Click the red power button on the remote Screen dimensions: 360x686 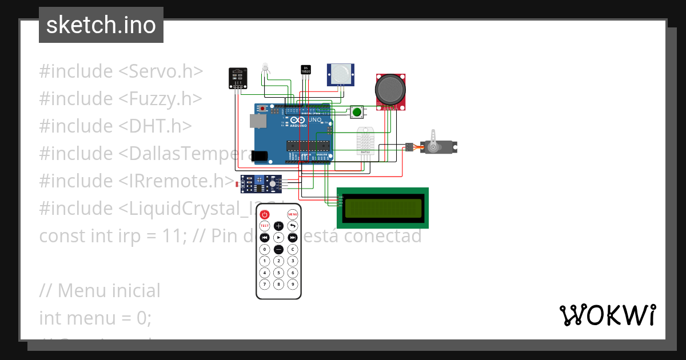(264, 215)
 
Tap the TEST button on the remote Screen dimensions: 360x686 (264, 226)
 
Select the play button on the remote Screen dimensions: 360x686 (278, 237)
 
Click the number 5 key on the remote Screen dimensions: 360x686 (278, 273)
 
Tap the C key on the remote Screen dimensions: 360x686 (292, 249)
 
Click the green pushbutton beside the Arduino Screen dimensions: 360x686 (358, 112)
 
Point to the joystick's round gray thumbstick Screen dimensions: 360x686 (391, 89)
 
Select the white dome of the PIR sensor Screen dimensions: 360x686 (341, 73)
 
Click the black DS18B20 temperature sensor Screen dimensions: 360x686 (305, 70)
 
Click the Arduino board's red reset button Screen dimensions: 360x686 (262, 108)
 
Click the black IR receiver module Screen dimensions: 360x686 (238, 77)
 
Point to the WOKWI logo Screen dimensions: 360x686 (607, 315)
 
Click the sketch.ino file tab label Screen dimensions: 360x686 (101, 25)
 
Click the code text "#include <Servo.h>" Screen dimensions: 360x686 (121, 71)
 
